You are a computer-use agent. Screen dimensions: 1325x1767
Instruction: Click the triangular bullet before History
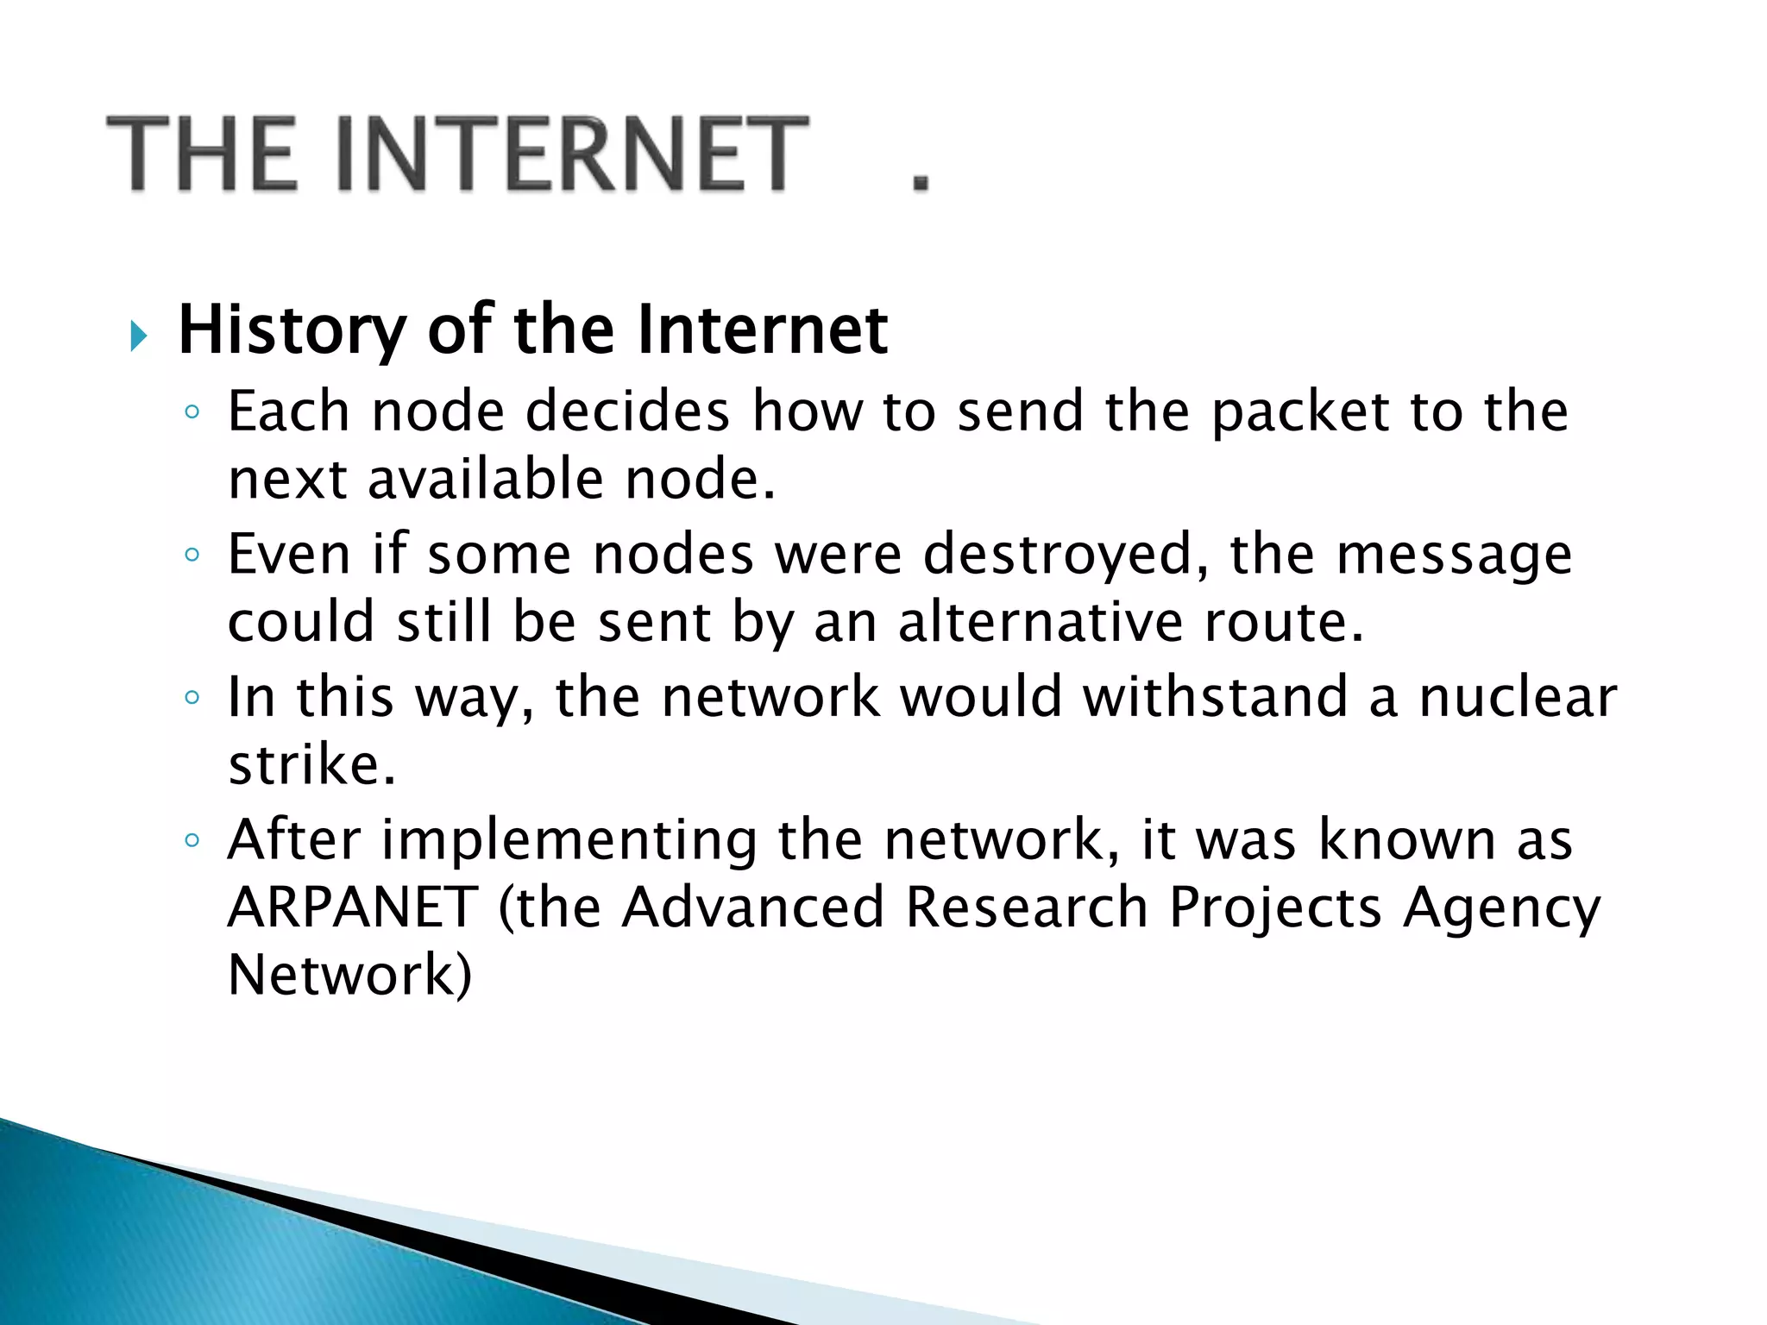pos(139,335)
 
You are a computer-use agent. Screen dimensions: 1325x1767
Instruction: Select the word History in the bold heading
pos(292,330)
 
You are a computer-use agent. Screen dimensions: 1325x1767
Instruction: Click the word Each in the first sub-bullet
pos(288,411)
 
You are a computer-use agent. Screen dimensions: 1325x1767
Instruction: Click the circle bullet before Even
pos(192,555)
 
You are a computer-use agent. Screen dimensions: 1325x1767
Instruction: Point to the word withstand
pos(1216,697)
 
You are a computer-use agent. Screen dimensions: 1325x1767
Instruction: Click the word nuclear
pos(1519,697)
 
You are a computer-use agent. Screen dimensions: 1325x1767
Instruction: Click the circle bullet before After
pos(192,840)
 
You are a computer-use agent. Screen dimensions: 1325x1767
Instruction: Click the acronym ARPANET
pos(353,907)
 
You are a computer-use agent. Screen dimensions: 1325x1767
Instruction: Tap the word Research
pos(1026,907)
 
